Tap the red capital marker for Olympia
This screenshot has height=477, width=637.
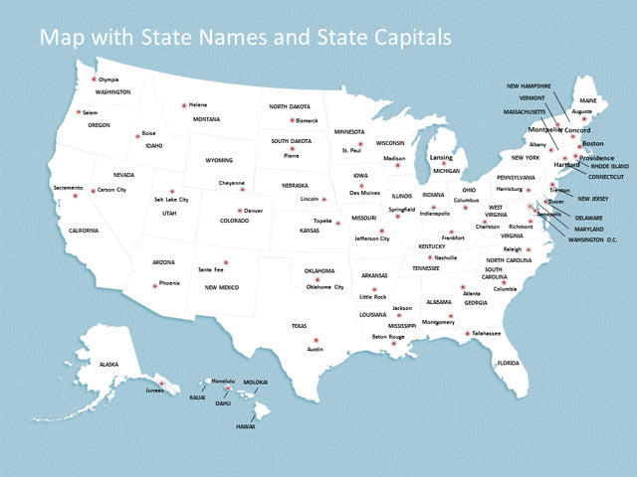click(x=94, y=79)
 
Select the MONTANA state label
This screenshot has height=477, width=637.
click(x=207, y=119)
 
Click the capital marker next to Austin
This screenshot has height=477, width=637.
click(x=315, y=340)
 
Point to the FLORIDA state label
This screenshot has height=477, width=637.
click(x=508, y=363)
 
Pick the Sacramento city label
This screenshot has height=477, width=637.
click(x=68, y=187)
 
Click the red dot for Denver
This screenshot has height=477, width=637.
click(x=240, y=211)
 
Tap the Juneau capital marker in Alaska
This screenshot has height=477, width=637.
click(x=157, y=381)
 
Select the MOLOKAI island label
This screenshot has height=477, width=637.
click(x=256, y=382)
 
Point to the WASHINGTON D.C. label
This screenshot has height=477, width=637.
click(x=593, y=239)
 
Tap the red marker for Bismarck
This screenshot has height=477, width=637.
click(x=292, y=120)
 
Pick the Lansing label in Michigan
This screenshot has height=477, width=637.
click(x=441, y=157)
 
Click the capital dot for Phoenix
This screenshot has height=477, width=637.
click(x=154, y=285)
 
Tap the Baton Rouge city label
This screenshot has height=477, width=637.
click(x=388, y=336)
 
